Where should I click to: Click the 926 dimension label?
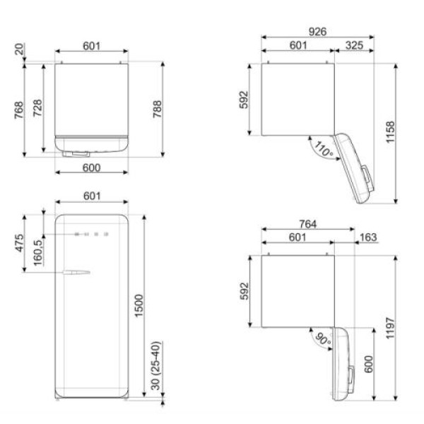pyautogui.click(x=317, y=32)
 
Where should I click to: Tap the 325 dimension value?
pyautogui.click(x=354, y=45)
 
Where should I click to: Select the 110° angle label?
pyautogui.click(x=324, y=149)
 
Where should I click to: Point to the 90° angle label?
pyautogui.click(x=323, y=338)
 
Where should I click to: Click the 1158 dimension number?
pyautogui.click(x=390, y=132)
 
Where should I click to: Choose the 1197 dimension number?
pyautogui.click(x=390, y=329)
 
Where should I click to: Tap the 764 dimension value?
pyautogui.click(x=307, y=224)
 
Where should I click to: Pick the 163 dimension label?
pyautogui.click(x=368, y=237)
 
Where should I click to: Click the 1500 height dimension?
pyautogui.click(x=139, y=305)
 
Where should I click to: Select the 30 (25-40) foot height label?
pyautogui.click(x=155, y=365)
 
